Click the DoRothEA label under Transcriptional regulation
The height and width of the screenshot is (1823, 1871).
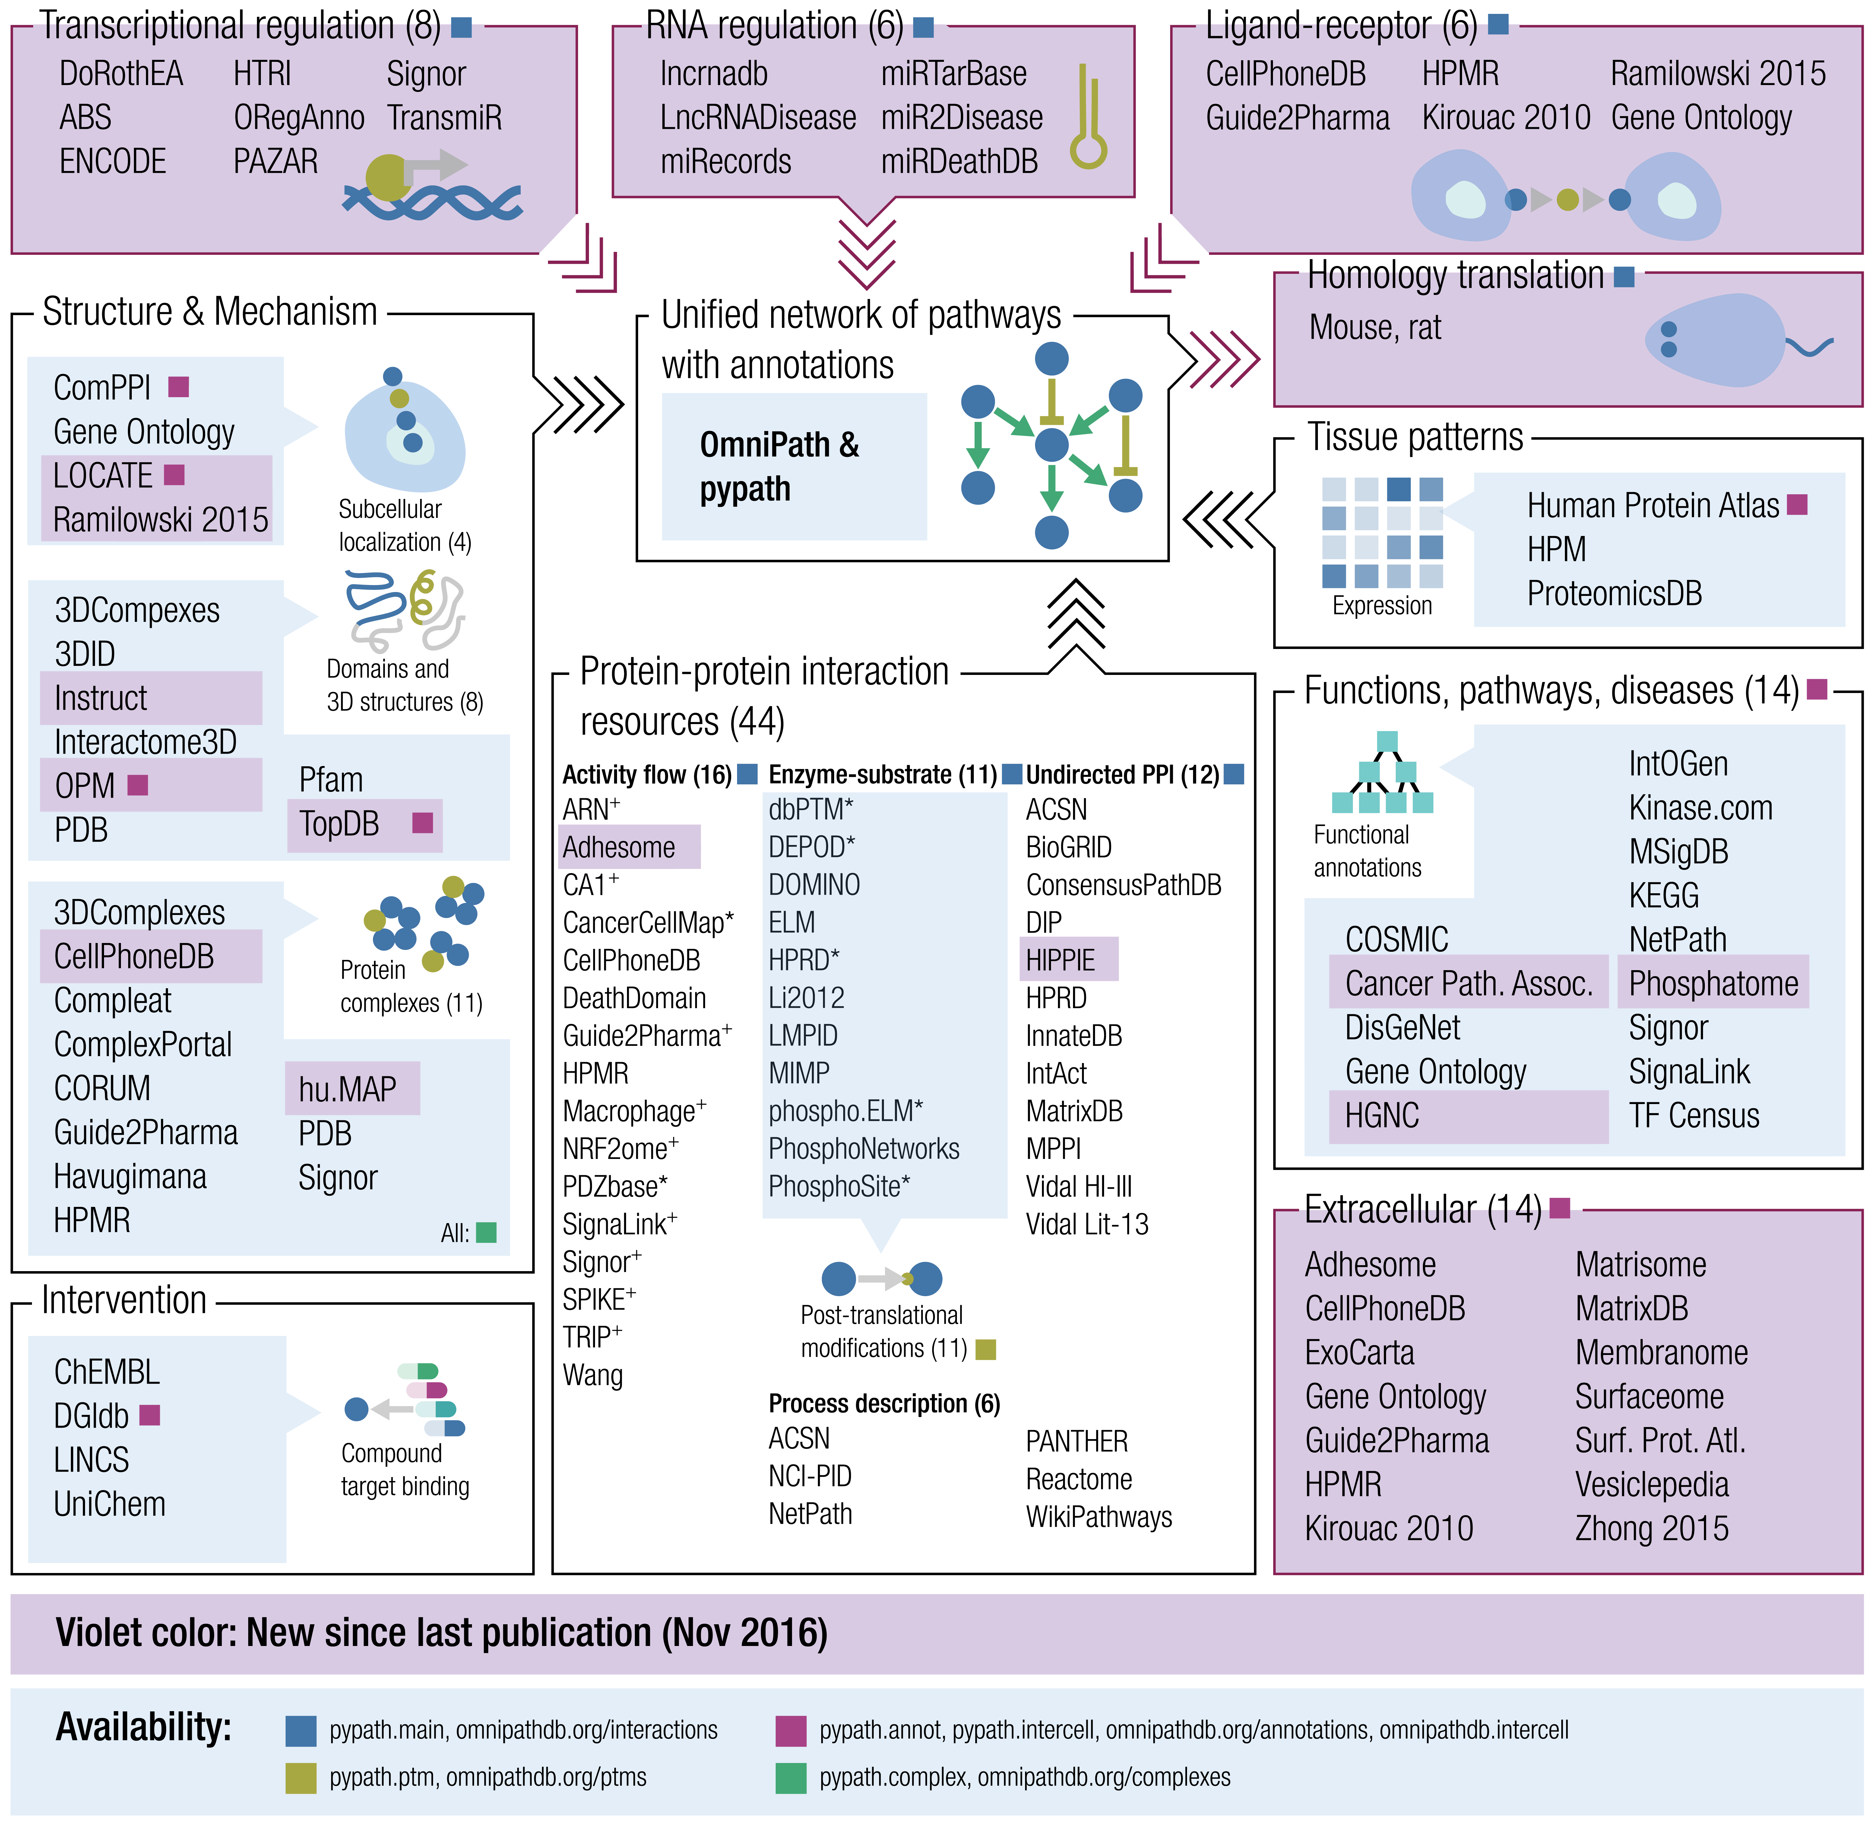(x=121, y=74)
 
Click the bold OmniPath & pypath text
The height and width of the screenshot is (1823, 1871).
(x=778, y=466)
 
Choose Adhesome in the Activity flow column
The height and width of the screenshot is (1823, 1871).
(x=619, y=847)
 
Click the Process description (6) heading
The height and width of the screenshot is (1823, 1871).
(x=884, y=1404)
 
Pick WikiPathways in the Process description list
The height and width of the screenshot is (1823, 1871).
(x=1098, y=1517)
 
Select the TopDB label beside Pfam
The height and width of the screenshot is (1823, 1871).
(x=339, y=823)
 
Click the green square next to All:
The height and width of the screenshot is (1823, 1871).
(x=486, y=1232)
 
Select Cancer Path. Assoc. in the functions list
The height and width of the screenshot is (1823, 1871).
(x=1468, y=983)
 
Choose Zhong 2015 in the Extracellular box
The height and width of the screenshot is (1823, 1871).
(x=1652, y=1528)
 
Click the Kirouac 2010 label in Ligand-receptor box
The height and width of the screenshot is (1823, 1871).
(x=1505, y=118)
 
